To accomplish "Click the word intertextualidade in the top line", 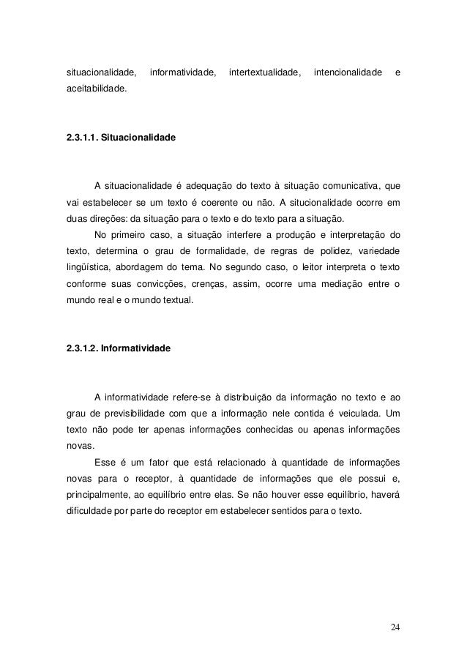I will pyautogui.click(x=265, y=73).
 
